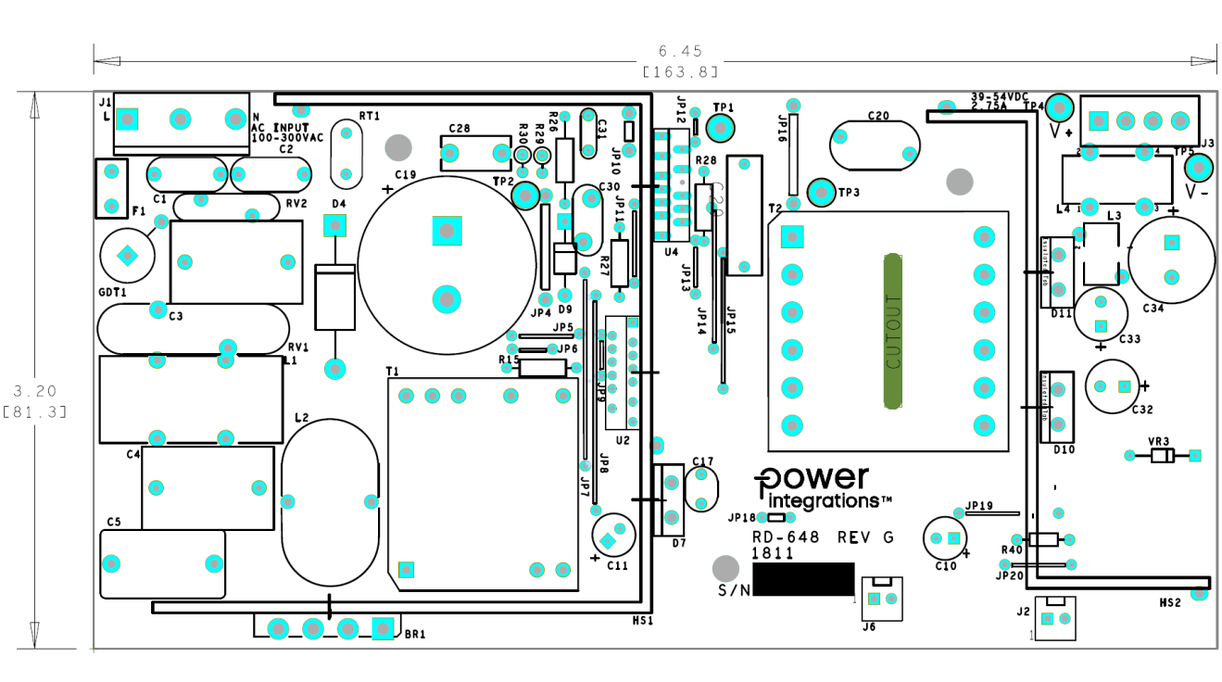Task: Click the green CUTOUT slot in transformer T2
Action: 893,331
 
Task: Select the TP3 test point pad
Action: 821,192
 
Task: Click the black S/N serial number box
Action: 802,579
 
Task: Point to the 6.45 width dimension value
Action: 680,51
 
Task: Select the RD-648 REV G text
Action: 823,537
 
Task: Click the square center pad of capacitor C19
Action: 447,230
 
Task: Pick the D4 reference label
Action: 338,203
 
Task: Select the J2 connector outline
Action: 1055,618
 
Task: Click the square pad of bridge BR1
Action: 381,628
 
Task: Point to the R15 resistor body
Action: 542,368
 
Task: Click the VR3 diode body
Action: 1162,455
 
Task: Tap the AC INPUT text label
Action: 285,127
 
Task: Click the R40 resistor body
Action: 1044,539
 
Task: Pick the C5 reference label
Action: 114,522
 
